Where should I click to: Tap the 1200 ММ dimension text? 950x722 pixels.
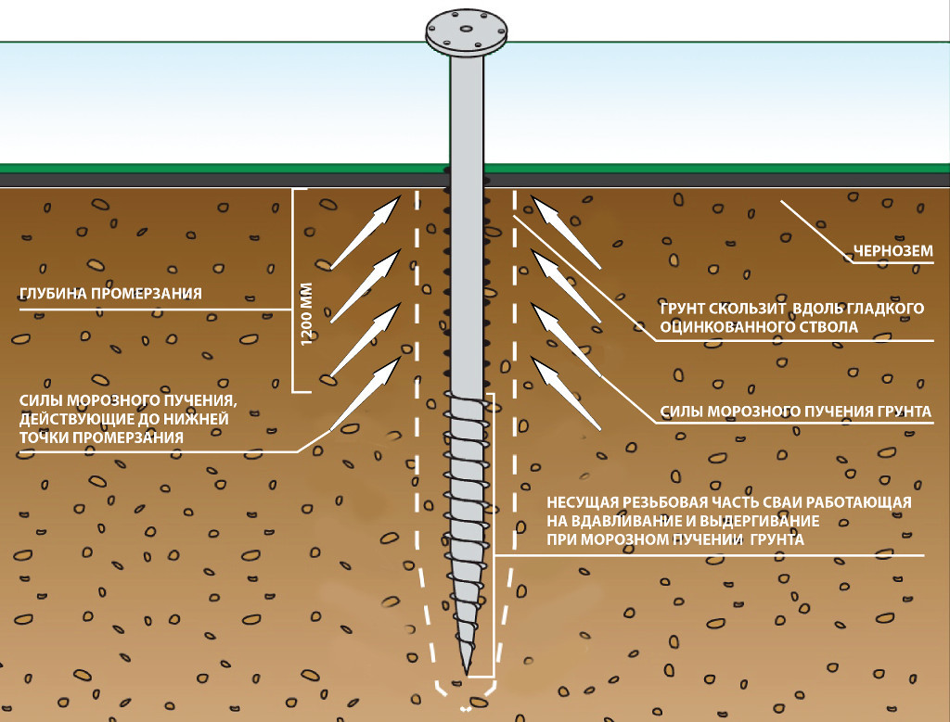[x=307, y=314]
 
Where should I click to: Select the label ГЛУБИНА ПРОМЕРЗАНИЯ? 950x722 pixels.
[x=110, y=295]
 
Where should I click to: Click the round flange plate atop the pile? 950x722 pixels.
[x=468, y=33]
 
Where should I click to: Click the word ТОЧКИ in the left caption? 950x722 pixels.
[x=41, y=437]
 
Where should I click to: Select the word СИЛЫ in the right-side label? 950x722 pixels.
[x=682, y=411]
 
